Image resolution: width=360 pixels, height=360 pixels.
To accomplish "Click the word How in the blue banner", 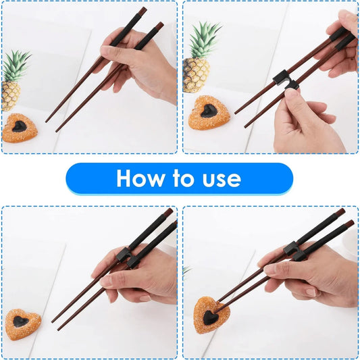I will coord(139,178).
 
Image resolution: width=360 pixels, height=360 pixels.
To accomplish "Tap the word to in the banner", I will coord(185,178).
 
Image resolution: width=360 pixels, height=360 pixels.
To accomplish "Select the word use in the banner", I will coord(222,178).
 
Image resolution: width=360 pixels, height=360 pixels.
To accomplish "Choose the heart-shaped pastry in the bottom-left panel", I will coord(23,324).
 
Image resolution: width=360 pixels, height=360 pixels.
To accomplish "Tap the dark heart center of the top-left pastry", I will coord(20,126).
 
